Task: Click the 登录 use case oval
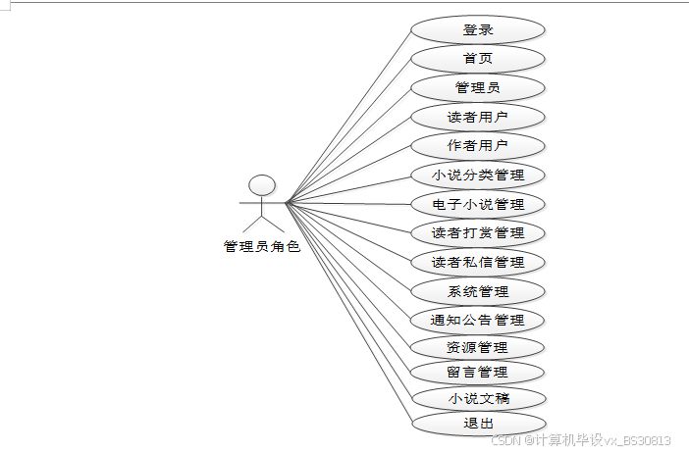[x=477, y=29]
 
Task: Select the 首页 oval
[x=477, y=59]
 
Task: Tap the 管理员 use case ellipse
[x=477, y=87]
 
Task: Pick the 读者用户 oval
[x=477, y=118]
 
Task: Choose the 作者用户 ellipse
[x=477, y=146]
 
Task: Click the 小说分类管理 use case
[x=477, y=176]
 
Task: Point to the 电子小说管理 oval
[x=477, y=204]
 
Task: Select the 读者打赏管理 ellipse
[x=477, y=233]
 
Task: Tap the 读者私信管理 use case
[x=477, y=262]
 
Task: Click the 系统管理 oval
[x=477, y=291]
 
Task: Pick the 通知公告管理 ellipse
[x=477, y=320]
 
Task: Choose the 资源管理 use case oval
[x=477, y=347]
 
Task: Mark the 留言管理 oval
[x=477, y=372]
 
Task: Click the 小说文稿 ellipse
[x=477, y=398]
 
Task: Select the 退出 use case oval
[x=477, y=424]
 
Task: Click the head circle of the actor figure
[x=261, y=185]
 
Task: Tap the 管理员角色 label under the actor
[x=261, y=247]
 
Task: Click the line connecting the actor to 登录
[x=347, y=117]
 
